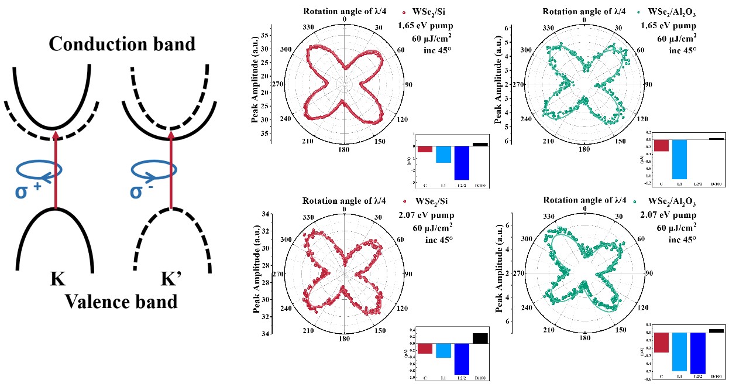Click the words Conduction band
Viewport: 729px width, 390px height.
click(x=122, y=44)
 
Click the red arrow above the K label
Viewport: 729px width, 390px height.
click(x=56, y=170)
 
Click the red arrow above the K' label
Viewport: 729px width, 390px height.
click(x=171, y=170)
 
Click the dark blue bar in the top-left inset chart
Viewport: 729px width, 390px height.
click(x=462, y=162)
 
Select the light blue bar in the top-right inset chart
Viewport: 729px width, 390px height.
click(x=679, y=159)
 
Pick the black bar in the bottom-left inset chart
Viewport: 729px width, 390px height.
click(x=480, y=338)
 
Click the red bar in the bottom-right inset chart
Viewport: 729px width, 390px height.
click(x=661, y=342)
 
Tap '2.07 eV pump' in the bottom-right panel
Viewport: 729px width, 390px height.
click(x=670, y=214)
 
